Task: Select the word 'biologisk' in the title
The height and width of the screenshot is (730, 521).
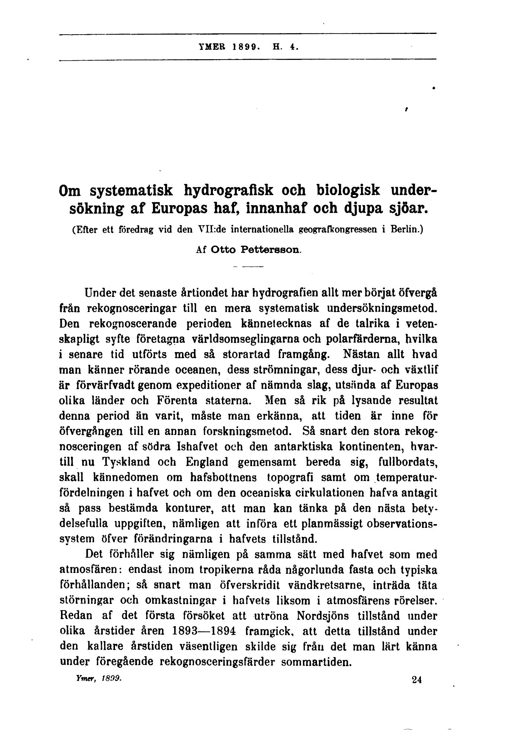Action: click(x=348, y=190)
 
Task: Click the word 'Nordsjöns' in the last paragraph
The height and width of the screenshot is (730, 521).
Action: click(x=323, y=616)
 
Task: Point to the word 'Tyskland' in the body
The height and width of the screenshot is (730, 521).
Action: click(x=125, y=462)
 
